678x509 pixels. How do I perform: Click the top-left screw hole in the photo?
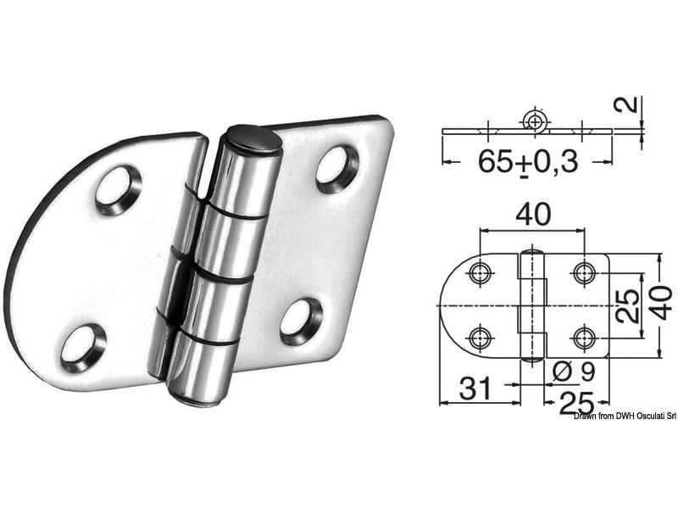pyautogui.click(x=118, y=189)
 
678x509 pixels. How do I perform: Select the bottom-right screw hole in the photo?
pyautogui.click(x=301, y=320)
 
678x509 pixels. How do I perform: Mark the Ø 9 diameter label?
pyautogui.click(x=566, y=371)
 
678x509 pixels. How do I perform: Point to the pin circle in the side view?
pyautogui.click(x=533, y=121)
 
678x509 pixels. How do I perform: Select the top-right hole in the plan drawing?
pyautogui.click(x=583, y=273)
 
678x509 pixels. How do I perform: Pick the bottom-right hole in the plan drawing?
pyautogui.click(x=583, y=336)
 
